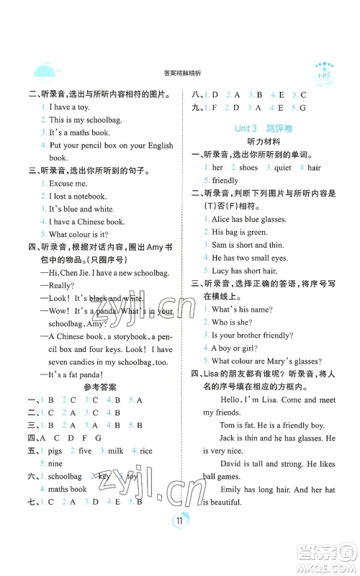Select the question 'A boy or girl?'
click(240, 348)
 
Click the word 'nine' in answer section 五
click(59, 464)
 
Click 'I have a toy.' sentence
click(71, 107)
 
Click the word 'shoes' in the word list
click(248, 168)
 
